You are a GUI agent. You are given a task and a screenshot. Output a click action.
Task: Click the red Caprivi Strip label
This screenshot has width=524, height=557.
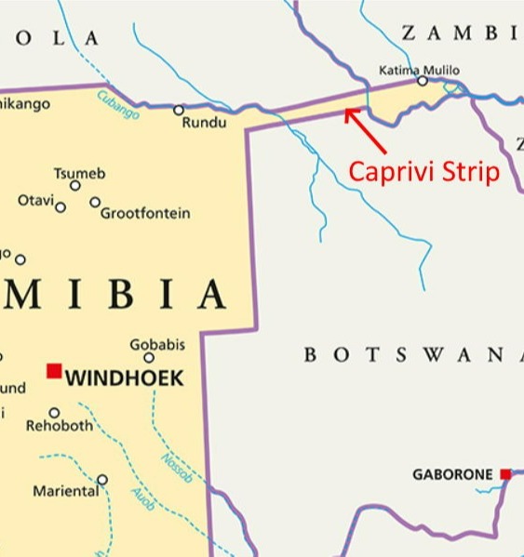pyautogui.click(x=423, y=171)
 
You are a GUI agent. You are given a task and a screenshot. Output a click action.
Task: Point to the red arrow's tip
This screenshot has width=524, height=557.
pyautogui.click(x=346, y=112)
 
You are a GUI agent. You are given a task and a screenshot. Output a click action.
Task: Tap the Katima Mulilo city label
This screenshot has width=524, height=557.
pyautogui.click(x=419, y=70)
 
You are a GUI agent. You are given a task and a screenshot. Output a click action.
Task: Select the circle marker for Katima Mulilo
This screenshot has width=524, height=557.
pyautogui.click(x=423, y=81)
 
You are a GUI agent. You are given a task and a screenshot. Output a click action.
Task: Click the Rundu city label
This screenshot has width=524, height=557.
pyautogui.click(x=203, y=123)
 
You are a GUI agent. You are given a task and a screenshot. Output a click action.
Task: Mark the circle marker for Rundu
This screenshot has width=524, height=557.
pyautogui.click(x=179, y=110)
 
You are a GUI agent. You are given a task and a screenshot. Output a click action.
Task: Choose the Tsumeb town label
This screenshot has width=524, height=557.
pyautogui.click(x=79, y=173)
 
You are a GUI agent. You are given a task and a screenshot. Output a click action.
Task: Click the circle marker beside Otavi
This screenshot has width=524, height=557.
pyautogui.click(x=60, y=206)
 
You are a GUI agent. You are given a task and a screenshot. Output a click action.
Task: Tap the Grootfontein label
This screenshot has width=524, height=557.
pyautogui.click(x=145, y=213)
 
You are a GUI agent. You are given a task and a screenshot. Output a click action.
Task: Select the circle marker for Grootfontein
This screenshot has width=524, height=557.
pyautogui.click(x=95, y=202)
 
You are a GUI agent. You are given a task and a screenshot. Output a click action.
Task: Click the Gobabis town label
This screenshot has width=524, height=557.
pyautogui.click(x=156, y=344)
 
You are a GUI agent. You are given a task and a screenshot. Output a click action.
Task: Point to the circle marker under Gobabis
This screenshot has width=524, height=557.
pyautogui.click(x=149, y=357)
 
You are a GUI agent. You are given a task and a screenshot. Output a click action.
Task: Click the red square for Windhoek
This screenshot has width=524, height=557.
pyautogui.click(x=54, y=371)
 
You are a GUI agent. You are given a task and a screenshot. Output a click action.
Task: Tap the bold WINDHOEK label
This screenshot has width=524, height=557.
pyautogui.click(x=125, y=378)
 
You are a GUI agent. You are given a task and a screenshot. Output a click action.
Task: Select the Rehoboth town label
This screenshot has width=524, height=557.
pyautogui.click(x=60, y=426)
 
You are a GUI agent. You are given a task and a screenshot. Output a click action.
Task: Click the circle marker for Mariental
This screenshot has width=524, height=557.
pyautogui.click(x=102, y=480)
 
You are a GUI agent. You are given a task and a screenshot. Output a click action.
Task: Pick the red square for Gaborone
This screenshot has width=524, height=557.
pyautogui.click(x=505, y=474)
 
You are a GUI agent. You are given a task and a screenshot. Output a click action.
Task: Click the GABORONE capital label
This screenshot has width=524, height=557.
pyautogui.click(x=452, y=475)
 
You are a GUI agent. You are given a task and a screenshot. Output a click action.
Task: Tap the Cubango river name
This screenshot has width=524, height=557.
pyautogui.click(x=118, y=104)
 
